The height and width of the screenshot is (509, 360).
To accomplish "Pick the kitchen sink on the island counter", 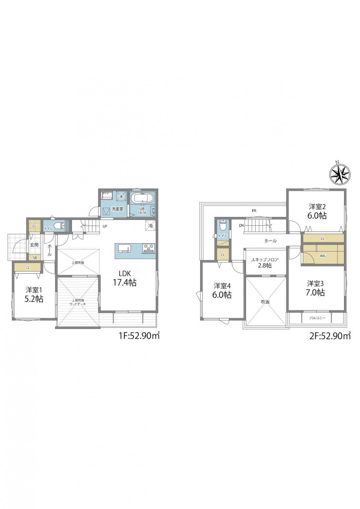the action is click(124, 248).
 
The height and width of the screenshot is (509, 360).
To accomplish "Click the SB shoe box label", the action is click(35, 258).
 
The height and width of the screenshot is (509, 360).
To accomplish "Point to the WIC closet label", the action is click(323, 256).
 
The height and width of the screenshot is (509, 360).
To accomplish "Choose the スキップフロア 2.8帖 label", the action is click(265, 262).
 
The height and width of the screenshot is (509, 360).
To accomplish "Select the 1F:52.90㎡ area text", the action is click(139, 335).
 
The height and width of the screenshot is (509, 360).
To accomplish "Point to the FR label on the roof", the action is click(254, 211).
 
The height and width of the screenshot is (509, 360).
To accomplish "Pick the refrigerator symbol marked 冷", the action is click(151, 225).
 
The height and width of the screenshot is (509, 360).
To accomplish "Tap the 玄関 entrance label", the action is click(34, 245).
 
